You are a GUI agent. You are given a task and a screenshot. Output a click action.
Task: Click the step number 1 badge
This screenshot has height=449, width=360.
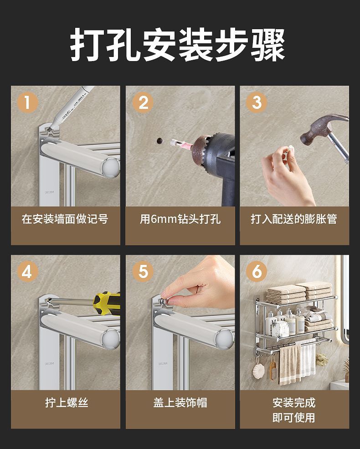pos(27,102)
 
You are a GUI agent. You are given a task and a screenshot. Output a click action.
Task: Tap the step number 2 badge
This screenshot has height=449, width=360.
pos(143,102)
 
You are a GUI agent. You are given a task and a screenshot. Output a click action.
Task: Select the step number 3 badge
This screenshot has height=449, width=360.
pos(257,102)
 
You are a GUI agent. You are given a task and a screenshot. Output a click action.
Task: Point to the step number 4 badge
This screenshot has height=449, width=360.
pos(27,271)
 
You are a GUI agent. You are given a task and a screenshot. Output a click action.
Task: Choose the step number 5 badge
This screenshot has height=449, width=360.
pos(143,271)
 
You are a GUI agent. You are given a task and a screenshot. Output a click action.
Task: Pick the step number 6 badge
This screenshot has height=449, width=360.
pos(257,271)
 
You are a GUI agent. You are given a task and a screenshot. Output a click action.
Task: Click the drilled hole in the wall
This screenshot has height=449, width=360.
pos(159,140)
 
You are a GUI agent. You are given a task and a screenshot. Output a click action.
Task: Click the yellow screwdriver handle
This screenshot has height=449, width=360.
pos(107,303)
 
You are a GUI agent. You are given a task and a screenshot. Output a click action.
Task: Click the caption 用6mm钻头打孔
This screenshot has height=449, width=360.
pos(180,219)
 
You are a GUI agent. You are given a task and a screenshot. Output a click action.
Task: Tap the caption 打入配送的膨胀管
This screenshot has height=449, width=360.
pos(294,219)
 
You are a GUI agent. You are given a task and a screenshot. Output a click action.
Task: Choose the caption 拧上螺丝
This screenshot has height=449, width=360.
pos(67,403)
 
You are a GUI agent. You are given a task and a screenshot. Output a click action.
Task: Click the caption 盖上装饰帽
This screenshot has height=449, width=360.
pos(180,403)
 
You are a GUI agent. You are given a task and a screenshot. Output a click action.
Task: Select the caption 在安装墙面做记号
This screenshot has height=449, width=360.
pos(65,219)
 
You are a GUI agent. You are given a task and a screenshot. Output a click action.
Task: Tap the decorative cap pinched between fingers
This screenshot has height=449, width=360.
pos(164,301)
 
